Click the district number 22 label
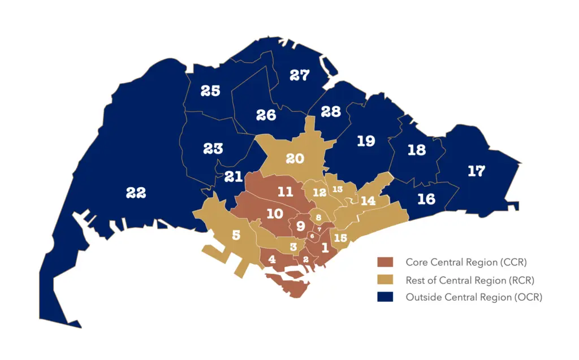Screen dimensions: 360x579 (x=136, y=193)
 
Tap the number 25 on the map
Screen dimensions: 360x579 (x=210, y=90)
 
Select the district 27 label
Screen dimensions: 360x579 (x=300, y=75)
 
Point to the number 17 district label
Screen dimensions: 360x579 (x=476, y=171)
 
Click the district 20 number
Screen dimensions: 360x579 (x=295, y=159)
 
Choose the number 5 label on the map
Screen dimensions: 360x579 (x=236, y=234)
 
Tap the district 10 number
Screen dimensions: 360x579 (x=274, y=214)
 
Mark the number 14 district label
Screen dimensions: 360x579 (x=368, y=201)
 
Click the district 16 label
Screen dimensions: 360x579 (x=426, y=199)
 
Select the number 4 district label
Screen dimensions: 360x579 (x=272, y=259)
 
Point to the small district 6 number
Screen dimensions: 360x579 (x=312, y=236)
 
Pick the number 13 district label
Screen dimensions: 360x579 (x=338, y=189)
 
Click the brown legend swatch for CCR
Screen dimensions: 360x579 (x=385, y=262)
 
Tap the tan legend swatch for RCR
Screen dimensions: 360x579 (x=385, y=280)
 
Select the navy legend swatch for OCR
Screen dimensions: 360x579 (x=385, y=297)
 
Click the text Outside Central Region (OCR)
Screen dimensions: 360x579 (x=474, y=297)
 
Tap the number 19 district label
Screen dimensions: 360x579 (x=366, y=141)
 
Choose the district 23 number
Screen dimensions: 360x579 (x=213, y=149)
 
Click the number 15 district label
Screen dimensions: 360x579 (x=340, y=238)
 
